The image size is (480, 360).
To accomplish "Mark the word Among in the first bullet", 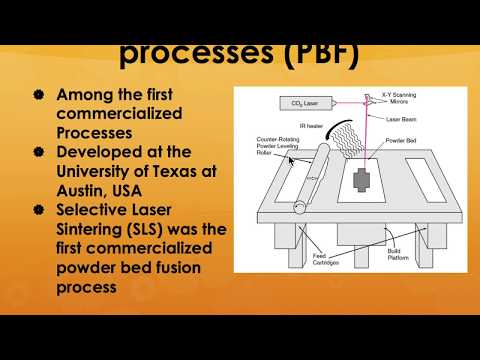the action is tap(83, 95).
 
